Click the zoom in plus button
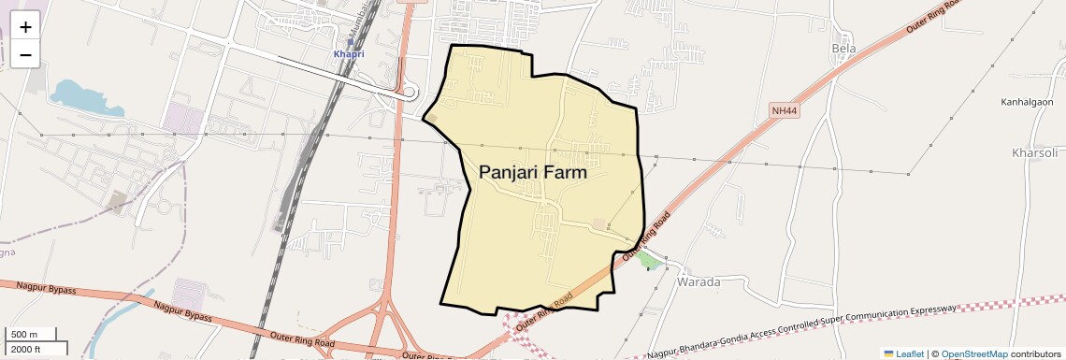(25, 27)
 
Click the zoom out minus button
(25, 54)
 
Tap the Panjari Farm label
(533, 173)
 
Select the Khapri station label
(348, 54)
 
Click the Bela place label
(843, 48)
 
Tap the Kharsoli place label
(1034, 152)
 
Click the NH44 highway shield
(785, 111)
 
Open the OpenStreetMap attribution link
(974, 353)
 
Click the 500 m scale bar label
(25, 335)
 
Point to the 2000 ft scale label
(28, 349)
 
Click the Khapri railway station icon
(350, 42)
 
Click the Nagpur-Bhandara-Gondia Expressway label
(804, 332)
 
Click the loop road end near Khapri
(409, 92)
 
